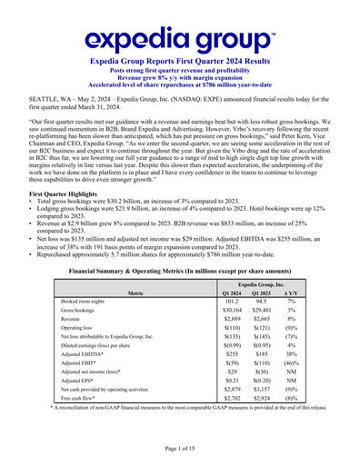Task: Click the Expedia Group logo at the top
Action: (x=180, y=38)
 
